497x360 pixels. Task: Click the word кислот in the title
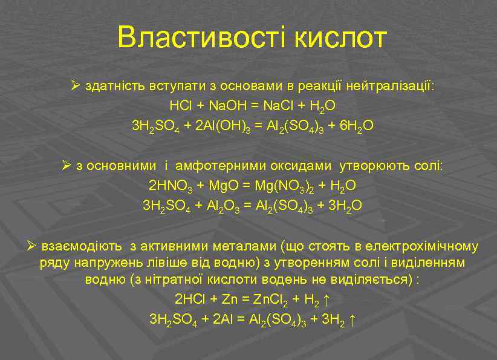pyautogui.click(x=340, y=38)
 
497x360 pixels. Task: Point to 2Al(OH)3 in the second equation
pyautogui.click(x=223, y=126)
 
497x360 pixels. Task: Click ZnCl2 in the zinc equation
pyautogui.click(x=269, y=299)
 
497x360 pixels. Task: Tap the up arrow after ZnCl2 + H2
pyautogui.click(x=326, y=299)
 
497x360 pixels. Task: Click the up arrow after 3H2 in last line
pyautogui.click(x=353, y=319)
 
